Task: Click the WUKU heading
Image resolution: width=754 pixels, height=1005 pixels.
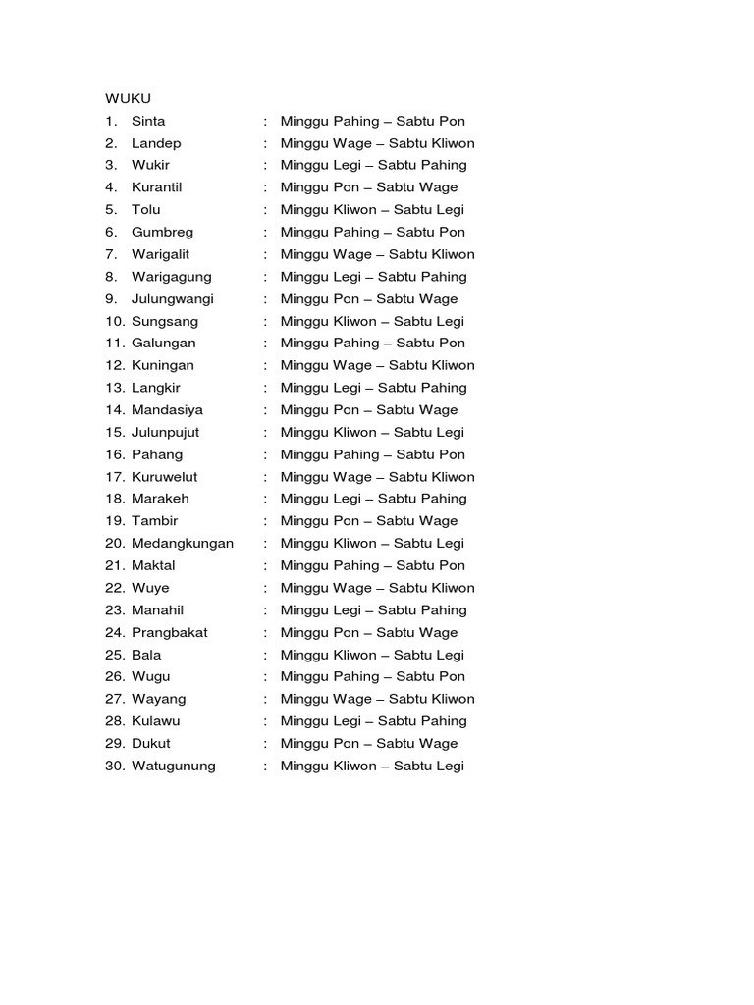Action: point(128,98)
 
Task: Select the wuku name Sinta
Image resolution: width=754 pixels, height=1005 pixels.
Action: point(148,121)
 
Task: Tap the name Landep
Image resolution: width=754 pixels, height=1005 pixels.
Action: point(156,143)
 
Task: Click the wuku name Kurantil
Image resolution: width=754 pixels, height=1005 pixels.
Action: point(157,187)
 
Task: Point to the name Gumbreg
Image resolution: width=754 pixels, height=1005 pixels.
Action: point(162,232)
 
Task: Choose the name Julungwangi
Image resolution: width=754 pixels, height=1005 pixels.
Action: point(172,298)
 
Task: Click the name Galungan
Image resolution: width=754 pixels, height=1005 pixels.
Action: point(163,343)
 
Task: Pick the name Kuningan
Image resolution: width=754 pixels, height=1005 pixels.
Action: point(163,365)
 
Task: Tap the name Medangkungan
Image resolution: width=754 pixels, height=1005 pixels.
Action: point(183,543)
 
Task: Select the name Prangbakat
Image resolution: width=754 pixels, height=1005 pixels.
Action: point(170,632)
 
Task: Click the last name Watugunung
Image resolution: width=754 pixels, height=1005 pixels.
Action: point(174,766)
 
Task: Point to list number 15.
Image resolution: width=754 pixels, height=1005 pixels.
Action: point(115,432)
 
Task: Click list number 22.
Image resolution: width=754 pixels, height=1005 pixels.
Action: point(115,588)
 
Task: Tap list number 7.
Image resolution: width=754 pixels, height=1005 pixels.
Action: point(111,254)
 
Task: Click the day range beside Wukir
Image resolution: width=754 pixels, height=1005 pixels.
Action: point(373,165)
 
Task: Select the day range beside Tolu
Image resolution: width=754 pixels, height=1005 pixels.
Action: point(372,209)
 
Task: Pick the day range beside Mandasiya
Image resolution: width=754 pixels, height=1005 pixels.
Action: point(369,409)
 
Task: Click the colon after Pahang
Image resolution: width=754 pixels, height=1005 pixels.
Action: point(265,454)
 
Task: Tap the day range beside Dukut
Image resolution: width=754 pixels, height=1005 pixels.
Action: point(369,743)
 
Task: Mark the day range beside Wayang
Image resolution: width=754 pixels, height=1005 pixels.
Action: point(377,699)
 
